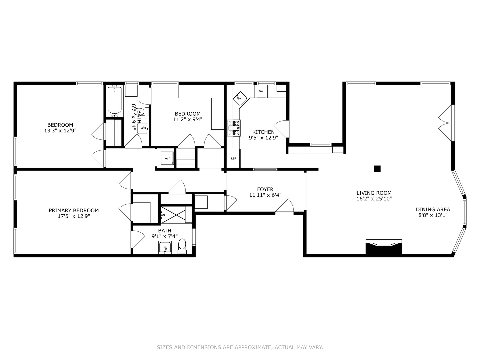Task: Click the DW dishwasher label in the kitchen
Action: [x=261, y=91]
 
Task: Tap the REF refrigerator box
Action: [x=233, y=159]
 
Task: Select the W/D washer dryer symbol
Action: [x=168, y=158]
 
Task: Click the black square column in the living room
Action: [x=377, y=169]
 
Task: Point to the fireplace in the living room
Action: [x=384, y=247]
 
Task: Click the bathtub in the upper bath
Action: [x=114, y=101]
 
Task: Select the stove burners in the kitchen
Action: [x=234, y=128]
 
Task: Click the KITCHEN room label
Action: [x=263, y=132]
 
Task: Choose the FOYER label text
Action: [x=265, y=189]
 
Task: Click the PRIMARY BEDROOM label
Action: [x=74, y=210]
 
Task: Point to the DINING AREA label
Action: [x=433, y=209]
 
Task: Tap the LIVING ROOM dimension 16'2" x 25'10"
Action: [x=374, y=199]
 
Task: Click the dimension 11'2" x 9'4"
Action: [x=188, y=119]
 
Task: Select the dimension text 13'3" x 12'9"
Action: [x=60, y=130]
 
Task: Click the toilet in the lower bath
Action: [x=182, y=246]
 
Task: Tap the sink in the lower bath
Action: [x=165, y=247]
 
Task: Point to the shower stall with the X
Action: [x=173, y=215]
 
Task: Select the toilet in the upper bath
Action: [x=143, y=112]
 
